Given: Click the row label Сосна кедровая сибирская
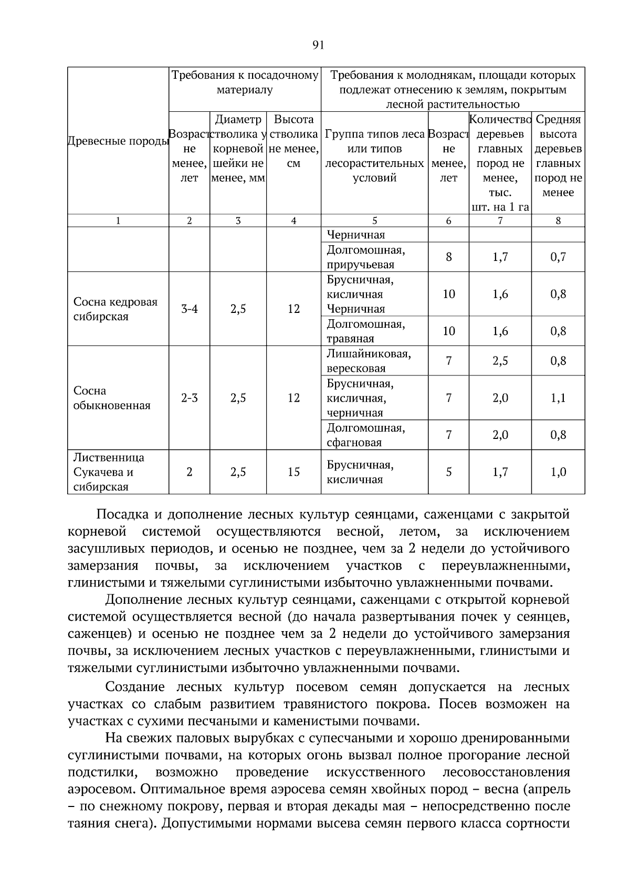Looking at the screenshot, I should pos(115,309).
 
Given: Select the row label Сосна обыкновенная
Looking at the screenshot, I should pos(111,398).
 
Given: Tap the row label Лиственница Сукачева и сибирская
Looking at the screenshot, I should pos(108,472).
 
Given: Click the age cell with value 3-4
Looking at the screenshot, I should pos(190,309).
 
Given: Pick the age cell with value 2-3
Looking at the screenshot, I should pos(190,398).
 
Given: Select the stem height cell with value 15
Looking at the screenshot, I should pos(293,472).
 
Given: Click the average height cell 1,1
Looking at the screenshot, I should pos(558,398).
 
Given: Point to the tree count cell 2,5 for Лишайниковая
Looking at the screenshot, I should pos(500,361).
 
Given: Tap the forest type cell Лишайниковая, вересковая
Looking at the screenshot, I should pos(369,361).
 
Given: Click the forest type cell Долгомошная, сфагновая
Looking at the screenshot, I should pos(365,435).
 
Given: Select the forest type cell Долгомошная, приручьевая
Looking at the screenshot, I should pos(365,257).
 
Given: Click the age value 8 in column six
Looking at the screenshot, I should pos(448,257).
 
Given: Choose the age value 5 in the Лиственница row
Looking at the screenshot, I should pos(448,472).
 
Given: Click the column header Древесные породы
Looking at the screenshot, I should pos(118,141).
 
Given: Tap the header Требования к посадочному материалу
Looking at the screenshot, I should pos(245,82).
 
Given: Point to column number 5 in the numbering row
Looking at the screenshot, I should pos(374,221).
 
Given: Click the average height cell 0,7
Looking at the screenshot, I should pos(558,257).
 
